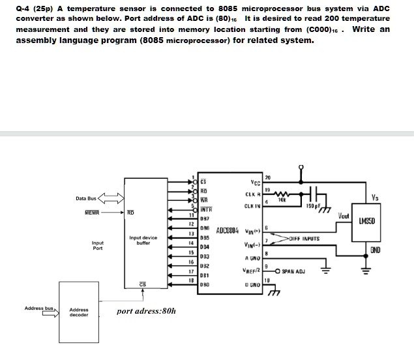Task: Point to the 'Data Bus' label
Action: pyautogui.click(x=85, y=198)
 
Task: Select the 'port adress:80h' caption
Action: pyautogui.click(x=147, y=311)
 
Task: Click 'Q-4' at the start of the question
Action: pyautogui.click(x=24, y=8)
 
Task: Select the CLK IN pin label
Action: pyautogui.click(x=252, y=207)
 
